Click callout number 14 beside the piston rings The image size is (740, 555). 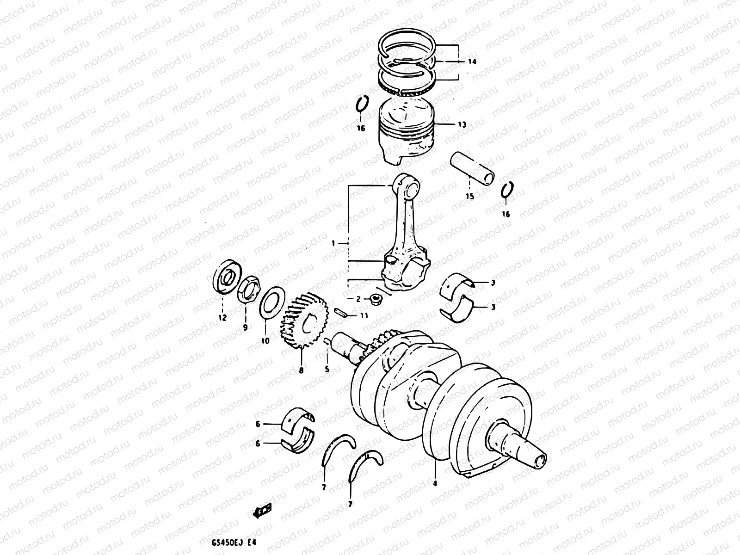(472, 62)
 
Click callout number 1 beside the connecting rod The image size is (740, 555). (339, 242)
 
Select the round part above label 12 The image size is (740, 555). (225, 277)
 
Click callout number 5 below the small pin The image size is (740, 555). (327, 369)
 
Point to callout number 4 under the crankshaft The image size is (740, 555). (435, 483)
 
